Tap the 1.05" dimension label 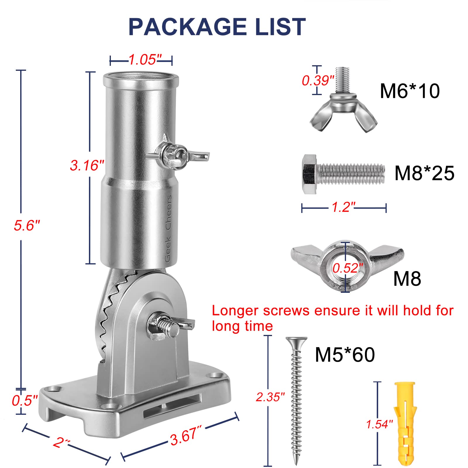click(143, 60)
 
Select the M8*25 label click(424, 173)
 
